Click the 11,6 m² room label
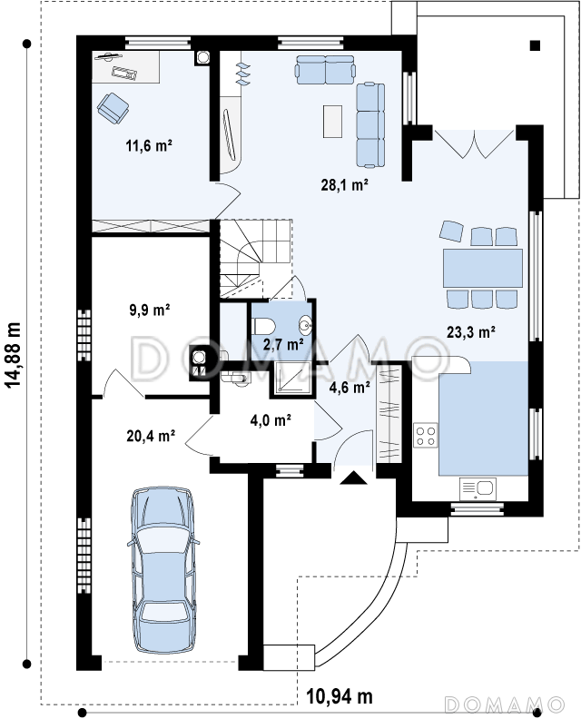[149, 146]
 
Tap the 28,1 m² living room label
[345, 185]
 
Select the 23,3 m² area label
[471, 331]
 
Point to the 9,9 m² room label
[150, 310]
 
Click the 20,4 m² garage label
[151, 436]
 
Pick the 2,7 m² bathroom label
[282, 343]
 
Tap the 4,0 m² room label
[271, 419]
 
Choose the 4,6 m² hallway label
[350, 388]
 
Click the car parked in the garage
[163, 570]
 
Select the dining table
[483, 268]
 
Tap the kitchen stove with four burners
[425, 436]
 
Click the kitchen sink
[478, 488]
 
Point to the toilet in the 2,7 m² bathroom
[263, 327]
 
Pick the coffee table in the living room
[332, 121]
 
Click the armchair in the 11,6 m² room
[113, 108]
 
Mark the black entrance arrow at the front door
[353, 478]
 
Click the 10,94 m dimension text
[340, 696]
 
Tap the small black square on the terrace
[535, 45]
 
